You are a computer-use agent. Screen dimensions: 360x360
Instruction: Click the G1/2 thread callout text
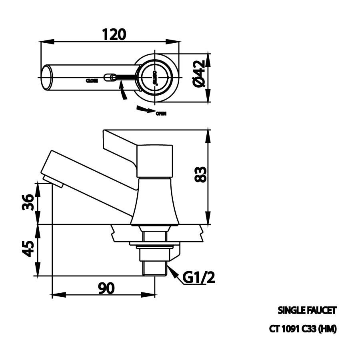pos(198,277)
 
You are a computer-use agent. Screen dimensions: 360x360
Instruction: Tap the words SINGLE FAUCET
pos(307,310)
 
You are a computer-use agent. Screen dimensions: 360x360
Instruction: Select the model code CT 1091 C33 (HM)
pos(303,329)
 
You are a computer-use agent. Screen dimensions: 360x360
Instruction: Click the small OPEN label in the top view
pos(161,114)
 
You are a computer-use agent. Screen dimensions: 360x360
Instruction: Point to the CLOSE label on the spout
pos(92,80)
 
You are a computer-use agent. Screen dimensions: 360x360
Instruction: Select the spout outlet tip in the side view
pos(52,180)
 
